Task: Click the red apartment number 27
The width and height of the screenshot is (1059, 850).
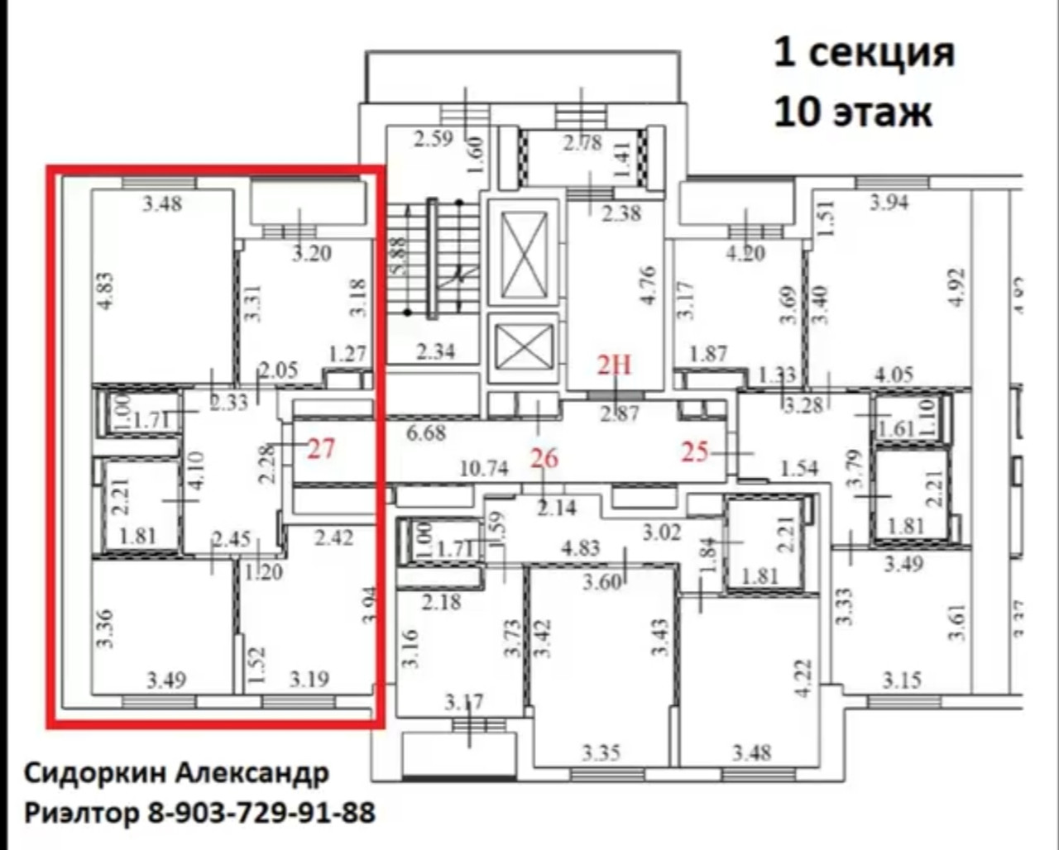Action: (321, 449)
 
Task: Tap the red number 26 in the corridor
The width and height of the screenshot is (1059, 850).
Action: (544, 457)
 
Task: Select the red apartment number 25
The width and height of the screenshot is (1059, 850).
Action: (696, 451)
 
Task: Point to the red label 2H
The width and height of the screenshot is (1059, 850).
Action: (614, 364)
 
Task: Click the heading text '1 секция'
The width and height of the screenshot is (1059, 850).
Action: (864, 53)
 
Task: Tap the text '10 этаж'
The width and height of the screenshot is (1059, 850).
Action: (853, 112)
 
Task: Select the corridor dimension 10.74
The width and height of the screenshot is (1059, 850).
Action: (483, 468)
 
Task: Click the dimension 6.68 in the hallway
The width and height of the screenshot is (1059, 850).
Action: (427, 432)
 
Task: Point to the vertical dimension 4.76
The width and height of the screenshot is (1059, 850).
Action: (648, 285)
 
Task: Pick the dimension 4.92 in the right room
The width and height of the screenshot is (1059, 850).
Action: (958, 287)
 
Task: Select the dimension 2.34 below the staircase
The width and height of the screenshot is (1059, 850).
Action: (435, 352)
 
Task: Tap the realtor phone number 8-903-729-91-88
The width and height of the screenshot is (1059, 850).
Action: (261, 813)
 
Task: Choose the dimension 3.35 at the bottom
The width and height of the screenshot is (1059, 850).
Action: (601, 753)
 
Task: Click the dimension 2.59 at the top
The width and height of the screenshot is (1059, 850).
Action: (434, 138)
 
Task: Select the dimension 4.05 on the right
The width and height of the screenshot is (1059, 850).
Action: (894, 375)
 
